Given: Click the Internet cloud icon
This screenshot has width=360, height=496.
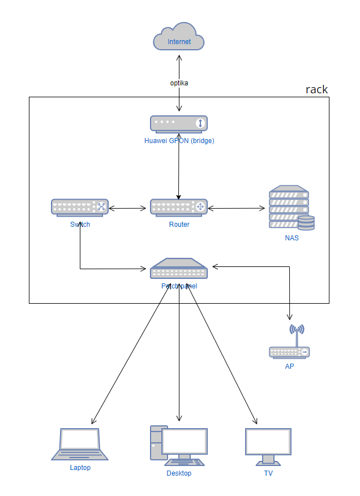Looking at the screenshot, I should tap(179, 37).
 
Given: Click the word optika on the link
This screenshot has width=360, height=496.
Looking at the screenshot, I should tap(179, 83).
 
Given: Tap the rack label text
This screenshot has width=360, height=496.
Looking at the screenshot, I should tap(316, 89).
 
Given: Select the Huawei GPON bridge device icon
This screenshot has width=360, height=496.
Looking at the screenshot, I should tap(179, 123).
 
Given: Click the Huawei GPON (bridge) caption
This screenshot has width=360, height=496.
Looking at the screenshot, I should tap(179, 140).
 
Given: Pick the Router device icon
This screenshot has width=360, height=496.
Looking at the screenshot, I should tap(179, 207).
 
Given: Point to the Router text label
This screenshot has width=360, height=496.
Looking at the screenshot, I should tap(179, 225).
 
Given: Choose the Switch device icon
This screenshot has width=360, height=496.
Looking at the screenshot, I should tap(80, 207).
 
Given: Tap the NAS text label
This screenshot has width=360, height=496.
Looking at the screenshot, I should tap(292, 238).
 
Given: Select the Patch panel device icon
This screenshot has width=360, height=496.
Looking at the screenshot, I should tap(179, 269).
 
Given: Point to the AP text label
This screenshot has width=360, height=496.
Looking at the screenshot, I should tap(289, 366).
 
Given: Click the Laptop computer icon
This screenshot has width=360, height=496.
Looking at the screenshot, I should tap(80, 444).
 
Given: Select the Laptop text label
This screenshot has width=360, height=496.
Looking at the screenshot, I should tap(80, 468).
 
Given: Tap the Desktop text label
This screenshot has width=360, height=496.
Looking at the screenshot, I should tap(179, 473).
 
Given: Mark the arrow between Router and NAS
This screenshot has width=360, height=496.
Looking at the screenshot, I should tap(237, 208).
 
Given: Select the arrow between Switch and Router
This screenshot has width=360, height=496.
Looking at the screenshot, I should tap(129, 208).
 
